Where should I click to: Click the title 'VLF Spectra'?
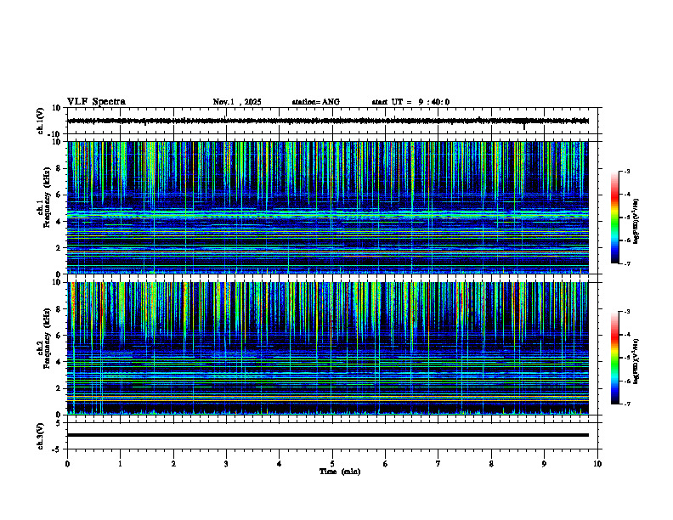(x=96, y=102)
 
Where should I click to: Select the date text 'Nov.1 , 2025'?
(x=237, y=102)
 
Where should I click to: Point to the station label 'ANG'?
(x=331, y=102)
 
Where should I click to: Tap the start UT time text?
(x=410, y=102)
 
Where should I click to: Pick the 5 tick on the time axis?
(x=332, y=464)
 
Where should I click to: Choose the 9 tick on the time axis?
(x=545, y=464)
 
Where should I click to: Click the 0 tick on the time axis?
(x=67, y=464)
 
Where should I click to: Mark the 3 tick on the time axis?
(x=226, y=464)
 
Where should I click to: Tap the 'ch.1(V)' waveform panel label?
(x=41, y=121)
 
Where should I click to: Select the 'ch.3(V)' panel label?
(x=41, y=435)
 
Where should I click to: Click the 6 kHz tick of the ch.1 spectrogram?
(x=59, y=195)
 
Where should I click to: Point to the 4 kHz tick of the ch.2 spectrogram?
(x=59, y=361)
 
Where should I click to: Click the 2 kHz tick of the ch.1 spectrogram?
(x=59, y=247)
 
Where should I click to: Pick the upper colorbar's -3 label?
(x=627, y=172)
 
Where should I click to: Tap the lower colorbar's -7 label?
(x=627, y=404)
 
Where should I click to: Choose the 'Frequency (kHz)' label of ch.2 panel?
(x=48, y=348)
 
